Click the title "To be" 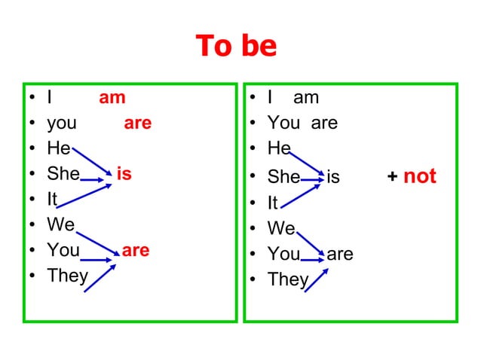tap(236, 46)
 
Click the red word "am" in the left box tap(112, 97)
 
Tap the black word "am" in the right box tap(306, 97)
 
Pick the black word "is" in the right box tap(333, 177)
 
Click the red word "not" tap(420, 176)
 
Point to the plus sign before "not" tap(392, 177)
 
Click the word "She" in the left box tap(63, 174)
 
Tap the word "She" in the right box tap(283, 177)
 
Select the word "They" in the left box tap(67, 276)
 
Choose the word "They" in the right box tap(288, 279)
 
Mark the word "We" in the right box tap(281, 227)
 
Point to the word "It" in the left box tap(52, 200)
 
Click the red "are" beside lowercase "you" tap(137, 123)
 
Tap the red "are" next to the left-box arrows tap(136, 250)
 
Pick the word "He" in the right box tap(279, 148)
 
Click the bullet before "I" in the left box tap(32, 99)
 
